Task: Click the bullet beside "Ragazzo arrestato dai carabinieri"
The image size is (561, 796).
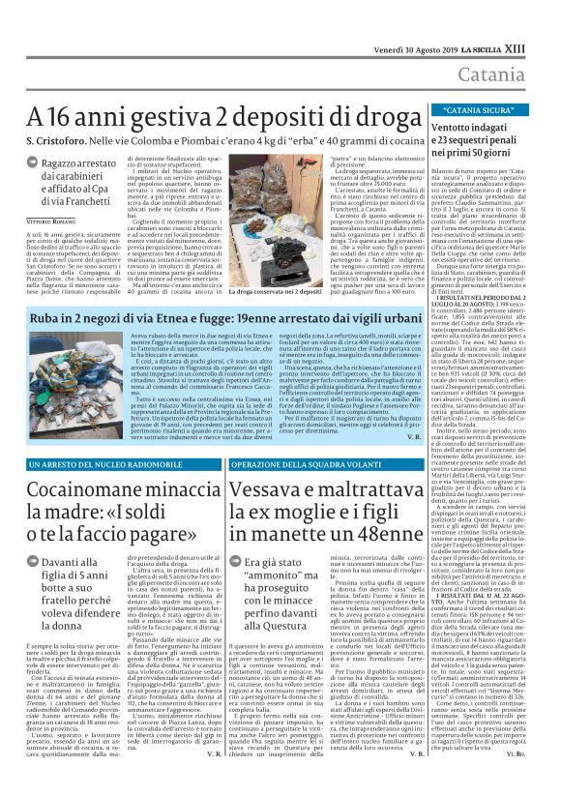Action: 33,164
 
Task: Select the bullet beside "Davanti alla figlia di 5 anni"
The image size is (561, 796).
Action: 33,563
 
